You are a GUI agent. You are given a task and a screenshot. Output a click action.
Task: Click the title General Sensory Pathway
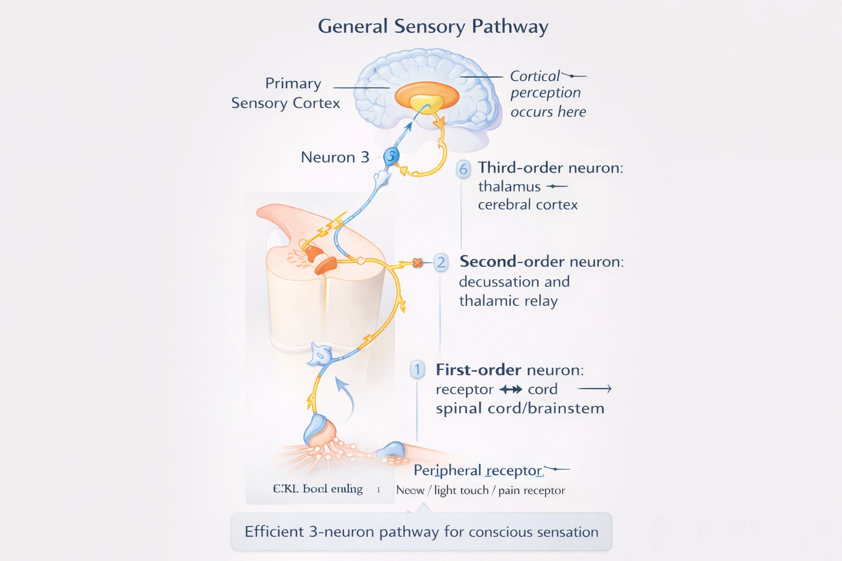pyautogui.click(x=433, y=26)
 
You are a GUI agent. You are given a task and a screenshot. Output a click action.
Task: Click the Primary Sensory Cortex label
pyautogui.click(x=286, y=93)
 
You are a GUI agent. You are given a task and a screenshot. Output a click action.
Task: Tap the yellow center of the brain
pyautogui.click(x=426, y=103)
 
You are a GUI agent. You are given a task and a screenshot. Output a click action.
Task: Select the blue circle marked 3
pyautogui.click(x=391, y=156)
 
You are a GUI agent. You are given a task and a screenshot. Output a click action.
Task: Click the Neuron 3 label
pyautogui.click(x=335, y=157)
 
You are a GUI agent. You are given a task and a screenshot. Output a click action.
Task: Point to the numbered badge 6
pyautogui.click(x=463, y=169)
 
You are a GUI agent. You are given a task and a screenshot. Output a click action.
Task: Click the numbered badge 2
pyautogui.click(x=441, y=262)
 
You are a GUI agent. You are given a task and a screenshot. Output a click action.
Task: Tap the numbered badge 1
pyautogui.click(x=417, y=370)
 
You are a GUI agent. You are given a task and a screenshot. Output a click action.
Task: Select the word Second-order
pyautogui.click(x=511, y=262)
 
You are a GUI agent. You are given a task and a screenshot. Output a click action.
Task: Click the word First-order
pyautogui.click(x=478, y=370)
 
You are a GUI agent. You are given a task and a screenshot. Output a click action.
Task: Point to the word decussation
pyautogui.click(x=498, y=282)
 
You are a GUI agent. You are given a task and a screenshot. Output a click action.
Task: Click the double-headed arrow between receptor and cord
pyautogui.click(x=510, y=390)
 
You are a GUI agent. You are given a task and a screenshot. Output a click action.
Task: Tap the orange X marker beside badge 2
pyautogui.click(x=418, y=263)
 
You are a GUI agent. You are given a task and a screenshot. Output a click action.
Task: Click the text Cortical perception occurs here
pyautogui.click(x=547, y=94)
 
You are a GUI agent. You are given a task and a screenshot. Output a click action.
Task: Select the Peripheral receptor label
pyautogui.click(x=477, y=470)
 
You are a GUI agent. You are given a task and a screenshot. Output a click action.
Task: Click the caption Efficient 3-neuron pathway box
pyautogui.click(x=421, y=531)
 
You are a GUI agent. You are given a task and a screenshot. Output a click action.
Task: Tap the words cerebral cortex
pyautogui.click(x=527, y=205)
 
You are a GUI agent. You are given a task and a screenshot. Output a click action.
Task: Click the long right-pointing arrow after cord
pyautogui.click(x=595, y=389)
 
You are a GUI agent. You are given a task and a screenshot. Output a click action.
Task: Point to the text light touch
pyautogui.click(x=461, y=490)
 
